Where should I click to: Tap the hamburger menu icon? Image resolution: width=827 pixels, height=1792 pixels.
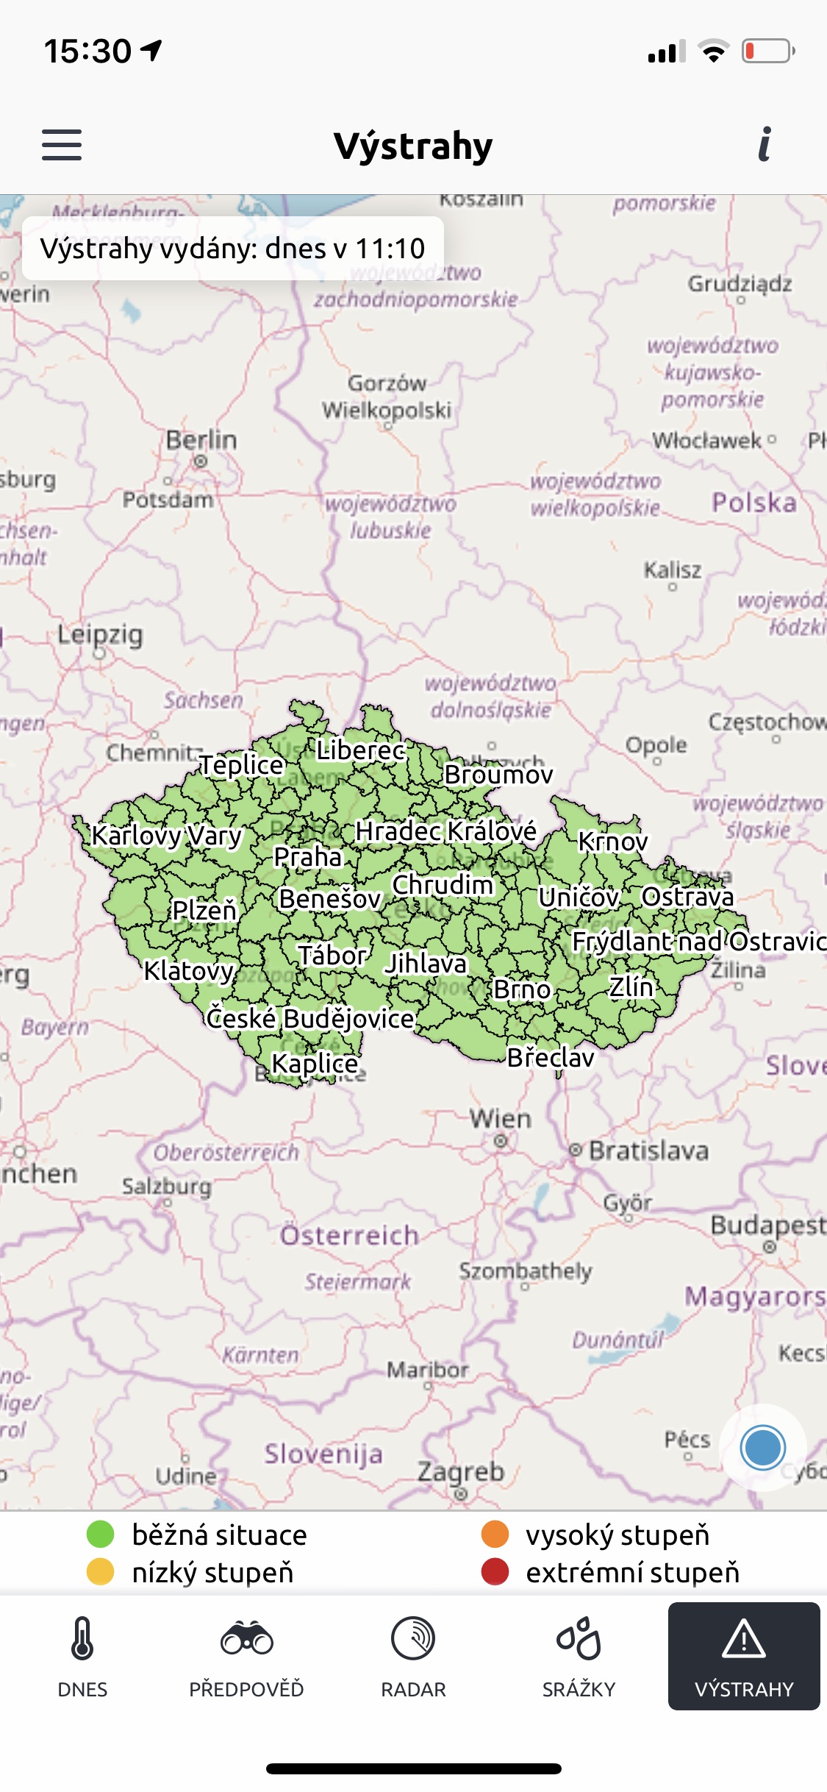(62, 145)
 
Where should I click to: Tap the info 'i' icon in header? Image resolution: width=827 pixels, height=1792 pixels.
(765, 144)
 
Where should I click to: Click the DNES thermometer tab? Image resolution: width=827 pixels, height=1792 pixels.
(82, 1655)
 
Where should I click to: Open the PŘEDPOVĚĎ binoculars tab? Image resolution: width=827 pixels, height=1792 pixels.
(247, 1655)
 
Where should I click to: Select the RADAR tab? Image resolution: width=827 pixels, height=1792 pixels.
(413, 1655)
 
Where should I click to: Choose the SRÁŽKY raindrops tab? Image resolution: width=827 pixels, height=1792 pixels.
(579, 1655)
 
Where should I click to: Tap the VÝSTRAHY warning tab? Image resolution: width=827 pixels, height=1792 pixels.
(744, 1655)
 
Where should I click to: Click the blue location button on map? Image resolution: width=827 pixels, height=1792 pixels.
(763, 1447)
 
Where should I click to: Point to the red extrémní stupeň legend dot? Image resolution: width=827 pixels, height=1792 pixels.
(495, 1572)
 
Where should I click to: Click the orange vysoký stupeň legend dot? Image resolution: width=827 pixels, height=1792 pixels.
(495, 1535)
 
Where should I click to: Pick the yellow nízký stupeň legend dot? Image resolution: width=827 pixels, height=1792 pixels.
(101, 1572)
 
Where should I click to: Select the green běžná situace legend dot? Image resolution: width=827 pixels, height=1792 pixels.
(101, 1535)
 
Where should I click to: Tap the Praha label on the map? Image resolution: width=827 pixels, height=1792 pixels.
(308, 857)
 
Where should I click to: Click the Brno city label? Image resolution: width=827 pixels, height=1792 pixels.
(522, 989)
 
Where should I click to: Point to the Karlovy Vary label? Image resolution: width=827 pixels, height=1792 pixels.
(167, 836)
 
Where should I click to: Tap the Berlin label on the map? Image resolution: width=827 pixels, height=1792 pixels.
(201, 441)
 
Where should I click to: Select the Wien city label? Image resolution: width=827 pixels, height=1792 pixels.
(501, 1119)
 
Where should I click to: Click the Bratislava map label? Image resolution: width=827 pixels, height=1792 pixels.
(648, 1151)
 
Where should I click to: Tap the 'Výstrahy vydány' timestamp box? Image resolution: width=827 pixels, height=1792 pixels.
(232, 249)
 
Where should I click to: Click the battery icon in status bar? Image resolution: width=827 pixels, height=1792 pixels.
(767, 51)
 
